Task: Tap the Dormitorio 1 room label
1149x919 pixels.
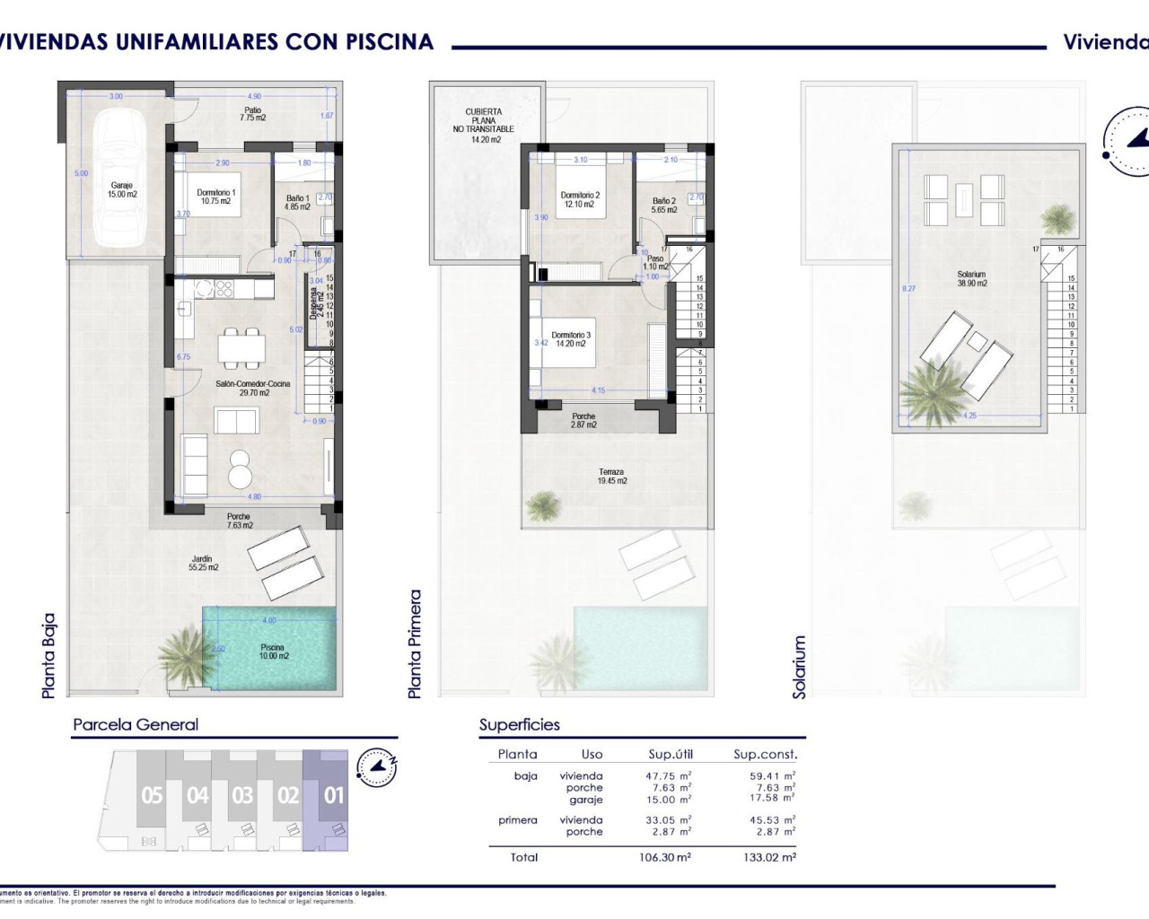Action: click(x=215, y=197)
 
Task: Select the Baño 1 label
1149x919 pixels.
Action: click(x=297, y=202)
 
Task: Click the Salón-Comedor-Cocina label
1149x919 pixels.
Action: click(x=252, y=388)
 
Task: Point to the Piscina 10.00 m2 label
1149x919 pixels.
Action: click(x=272, y=652)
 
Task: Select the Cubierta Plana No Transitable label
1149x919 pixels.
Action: click(x=484, y=126)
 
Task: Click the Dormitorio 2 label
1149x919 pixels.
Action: click(x=580, y=199)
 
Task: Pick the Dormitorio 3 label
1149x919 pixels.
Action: click(x=571, y=339)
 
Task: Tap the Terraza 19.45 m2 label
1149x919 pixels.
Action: click(x=611, y=477)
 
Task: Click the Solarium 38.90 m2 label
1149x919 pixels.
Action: click(x=971, y=279)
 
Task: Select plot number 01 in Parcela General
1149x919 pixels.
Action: click(x=333, y=795)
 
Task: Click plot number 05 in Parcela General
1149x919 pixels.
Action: click(x=152, y=795)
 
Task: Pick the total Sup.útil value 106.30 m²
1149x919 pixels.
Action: click(x=669, y=857)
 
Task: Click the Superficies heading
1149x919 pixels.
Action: click(x=519, y=725)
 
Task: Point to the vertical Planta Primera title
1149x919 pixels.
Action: click(x=415, y=643)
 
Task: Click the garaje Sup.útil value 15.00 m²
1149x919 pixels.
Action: click(x=669, y=800)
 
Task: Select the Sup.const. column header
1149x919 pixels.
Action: click(x=765, y=755)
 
